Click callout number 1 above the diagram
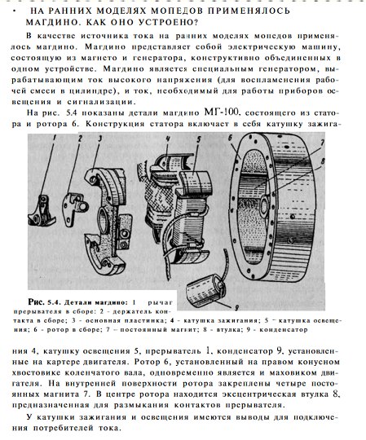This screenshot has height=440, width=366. (x=54, y=138)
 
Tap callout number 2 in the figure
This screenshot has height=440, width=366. (x=80, y=139)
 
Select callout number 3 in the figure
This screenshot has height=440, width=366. (x=100, y=139)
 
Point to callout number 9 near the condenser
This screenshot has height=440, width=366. (x=236, y=308)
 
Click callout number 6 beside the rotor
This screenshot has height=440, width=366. (x=230, y=138)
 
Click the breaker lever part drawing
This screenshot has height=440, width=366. (x=42, y=211)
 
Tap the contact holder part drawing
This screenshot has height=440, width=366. (x=74, y=209)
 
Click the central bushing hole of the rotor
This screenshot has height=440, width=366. (x=265, y=206)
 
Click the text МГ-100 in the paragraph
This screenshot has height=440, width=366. (x=222, y=112)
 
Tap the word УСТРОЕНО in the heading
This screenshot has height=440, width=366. (x=167, y=22)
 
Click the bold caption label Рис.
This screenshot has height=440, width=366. (x=36, y=302)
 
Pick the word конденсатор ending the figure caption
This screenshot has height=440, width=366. (x=283, y=329)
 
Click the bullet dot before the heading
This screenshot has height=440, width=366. (x=14, y=10)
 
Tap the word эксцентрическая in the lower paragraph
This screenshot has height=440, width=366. (x=259, y=394)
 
